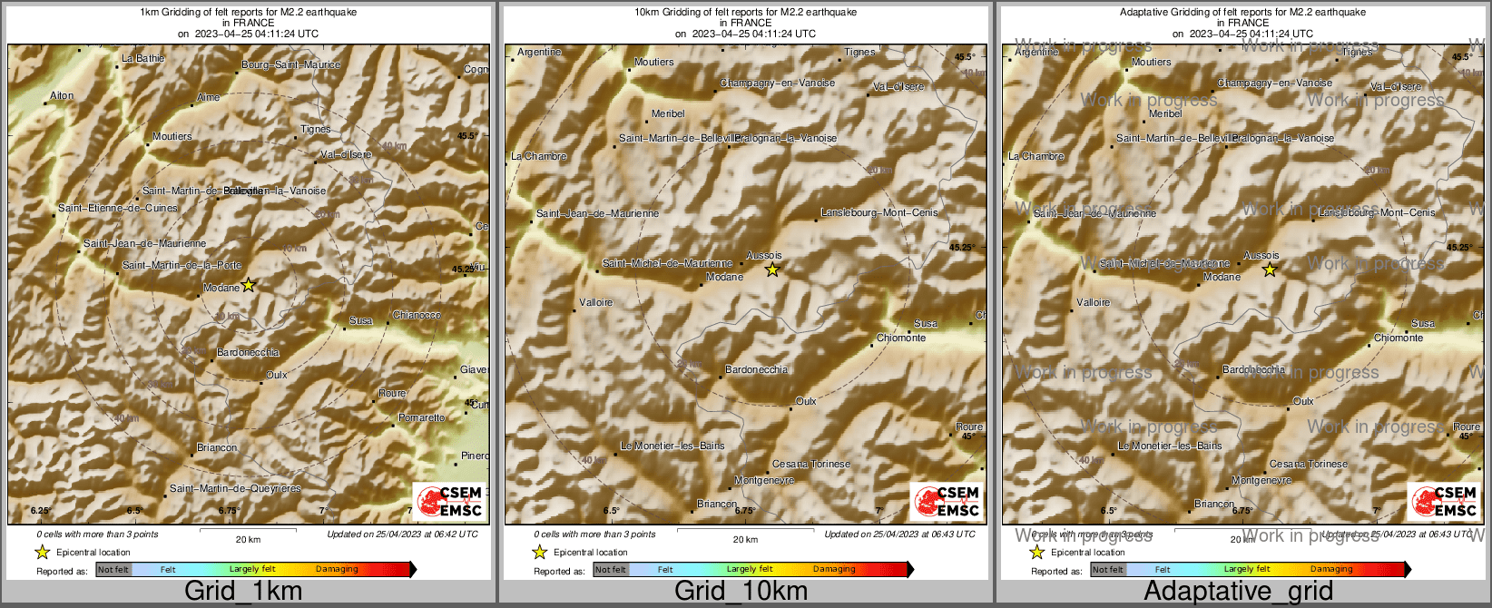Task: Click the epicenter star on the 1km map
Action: (x=249, y=285)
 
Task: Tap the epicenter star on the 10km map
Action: (x=772, y=270)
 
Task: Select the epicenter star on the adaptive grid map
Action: (x=1270, y=270)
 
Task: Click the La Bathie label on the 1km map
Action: (x=143, y=59)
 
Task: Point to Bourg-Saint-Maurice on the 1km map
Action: (x=290, y=65)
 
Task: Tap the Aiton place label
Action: (x=62, y=96)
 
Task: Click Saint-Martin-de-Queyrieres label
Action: (x=235, y=489)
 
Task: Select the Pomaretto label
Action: (x=422, y=418)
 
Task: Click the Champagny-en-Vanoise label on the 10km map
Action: (x=778, y=83)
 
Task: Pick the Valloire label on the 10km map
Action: (x=596, y=302)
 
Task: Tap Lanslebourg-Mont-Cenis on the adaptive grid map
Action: (x=1377, y=213)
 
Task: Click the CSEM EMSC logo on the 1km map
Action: (x=448, y=501)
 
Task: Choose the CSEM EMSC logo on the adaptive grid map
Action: (x=1443, y=501)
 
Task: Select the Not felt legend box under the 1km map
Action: (x=113, y=570)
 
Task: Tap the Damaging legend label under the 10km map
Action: (x=834, y=570)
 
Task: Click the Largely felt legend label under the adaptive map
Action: (x=1247, y=570)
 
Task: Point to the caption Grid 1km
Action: (x=243, y=592)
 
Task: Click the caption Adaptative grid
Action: (x=1238, y=592)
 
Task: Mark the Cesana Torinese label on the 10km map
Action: (x=811, y=465)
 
